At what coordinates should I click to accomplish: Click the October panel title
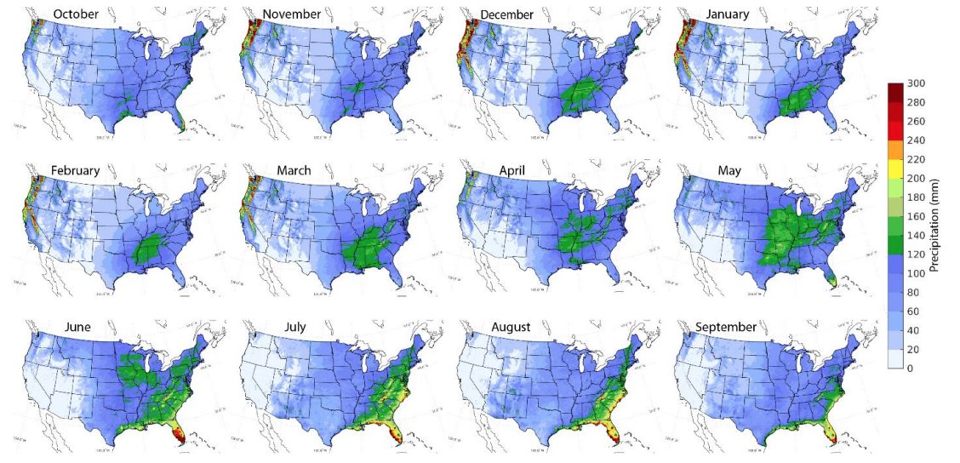point(76,14)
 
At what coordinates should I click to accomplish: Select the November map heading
point(293,14)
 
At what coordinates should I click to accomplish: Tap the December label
point(506,14)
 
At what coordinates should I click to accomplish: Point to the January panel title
point(720,14)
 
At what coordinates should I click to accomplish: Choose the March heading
point(294,170)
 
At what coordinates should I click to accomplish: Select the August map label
point(511,327)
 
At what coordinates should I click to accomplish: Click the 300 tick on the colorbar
point(915,83)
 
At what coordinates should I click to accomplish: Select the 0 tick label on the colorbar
point(910,368)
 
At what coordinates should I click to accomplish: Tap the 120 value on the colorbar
point(915,254)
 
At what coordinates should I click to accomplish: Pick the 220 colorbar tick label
point(915,159)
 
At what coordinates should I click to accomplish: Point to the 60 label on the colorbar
point(912,311)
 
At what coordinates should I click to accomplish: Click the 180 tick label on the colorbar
point(915,197)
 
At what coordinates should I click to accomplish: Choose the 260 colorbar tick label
point(915,122)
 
